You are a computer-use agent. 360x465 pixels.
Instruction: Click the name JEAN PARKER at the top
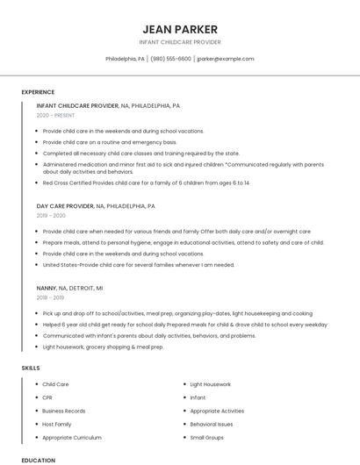[179, 29]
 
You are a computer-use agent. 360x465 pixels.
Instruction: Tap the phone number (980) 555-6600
[170, 59]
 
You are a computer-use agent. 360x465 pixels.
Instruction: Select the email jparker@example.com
[226, 59]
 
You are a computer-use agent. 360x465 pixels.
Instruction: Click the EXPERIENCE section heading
[38, 92]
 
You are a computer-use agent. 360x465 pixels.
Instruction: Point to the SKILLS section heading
[31, 368]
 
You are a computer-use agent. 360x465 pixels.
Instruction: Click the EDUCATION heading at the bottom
[38, 460]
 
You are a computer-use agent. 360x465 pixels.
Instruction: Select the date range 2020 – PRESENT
[55, 116]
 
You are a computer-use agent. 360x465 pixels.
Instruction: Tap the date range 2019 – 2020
[51, 216]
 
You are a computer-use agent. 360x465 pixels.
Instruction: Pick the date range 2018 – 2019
[51, 297]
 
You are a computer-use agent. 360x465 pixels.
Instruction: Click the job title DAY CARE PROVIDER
[65, 206]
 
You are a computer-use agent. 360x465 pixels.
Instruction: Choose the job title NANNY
[46, 288]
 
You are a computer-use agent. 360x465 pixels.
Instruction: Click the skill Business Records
[63, 411]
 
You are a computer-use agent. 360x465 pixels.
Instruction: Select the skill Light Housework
[210, 384]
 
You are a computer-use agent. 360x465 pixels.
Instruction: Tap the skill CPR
[47, 397]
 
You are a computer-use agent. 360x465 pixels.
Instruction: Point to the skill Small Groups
[206, 437]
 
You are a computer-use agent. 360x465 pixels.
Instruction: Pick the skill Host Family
[56, 424]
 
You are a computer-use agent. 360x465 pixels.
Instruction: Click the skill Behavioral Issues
[212, 424]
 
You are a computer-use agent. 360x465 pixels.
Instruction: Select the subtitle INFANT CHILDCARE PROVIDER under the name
[179, 42]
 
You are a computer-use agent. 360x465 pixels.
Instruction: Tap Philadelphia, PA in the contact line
[126, 59]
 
